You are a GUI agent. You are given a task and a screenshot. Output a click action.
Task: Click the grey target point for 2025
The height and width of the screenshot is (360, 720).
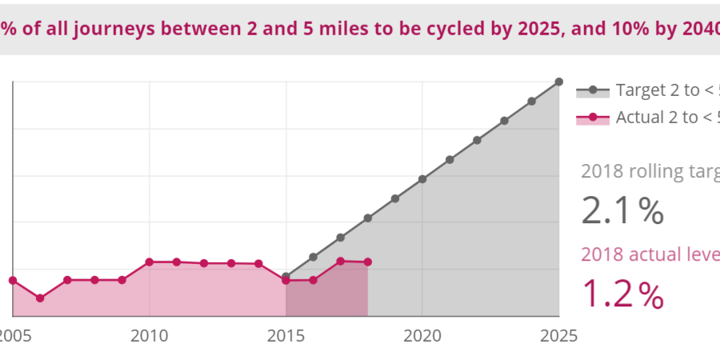[x=559, y=82]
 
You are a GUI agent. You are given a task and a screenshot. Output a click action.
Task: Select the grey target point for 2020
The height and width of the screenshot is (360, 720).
[x=422, y=179]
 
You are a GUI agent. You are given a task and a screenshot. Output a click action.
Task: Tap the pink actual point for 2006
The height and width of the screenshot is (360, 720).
[x=40, y=298]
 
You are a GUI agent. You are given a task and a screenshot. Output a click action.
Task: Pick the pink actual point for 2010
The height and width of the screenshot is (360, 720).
[x=149, y=262]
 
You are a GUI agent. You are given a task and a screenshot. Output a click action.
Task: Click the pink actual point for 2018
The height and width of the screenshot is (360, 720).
[x=368, y=262]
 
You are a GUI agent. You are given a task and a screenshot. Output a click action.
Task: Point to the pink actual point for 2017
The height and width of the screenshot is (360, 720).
[x=341, y=261]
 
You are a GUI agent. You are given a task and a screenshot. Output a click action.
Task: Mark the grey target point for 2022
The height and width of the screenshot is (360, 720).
[x=477, y=140]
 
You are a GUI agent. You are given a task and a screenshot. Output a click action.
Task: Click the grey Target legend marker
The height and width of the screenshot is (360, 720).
[x=593, y=90]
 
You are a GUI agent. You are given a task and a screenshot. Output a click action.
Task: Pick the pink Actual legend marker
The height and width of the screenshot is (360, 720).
[x=593, y=118]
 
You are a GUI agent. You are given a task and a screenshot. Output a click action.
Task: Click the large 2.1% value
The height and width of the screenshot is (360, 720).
[x=622, y=211]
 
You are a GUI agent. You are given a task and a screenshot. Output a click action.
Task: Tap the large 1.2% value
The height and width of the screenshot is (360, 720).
[x=622, y=294]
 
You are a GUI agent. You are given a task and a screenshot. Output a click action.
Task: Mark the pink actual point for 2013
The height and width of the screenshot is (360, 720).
[x=231, y=263]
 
